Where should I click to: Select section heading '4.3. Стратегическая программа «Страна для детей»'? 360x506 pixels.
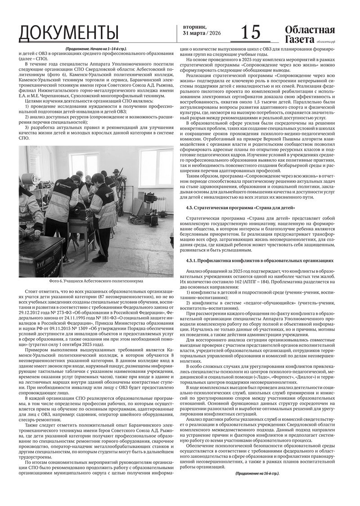coord(240,207)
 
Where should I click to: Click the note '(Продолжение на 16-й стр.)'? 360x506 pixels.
coord(256,474)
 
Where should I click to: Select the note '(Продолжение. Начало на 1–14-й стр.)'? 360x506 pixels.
coord(95,49)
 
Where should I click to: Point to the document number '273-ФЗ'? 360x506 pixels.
coord(69,311)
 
